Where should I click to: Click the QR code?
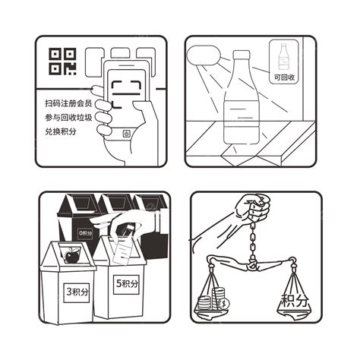(x=62, y=62)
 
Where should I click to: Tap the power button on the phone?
(x=126, y=133)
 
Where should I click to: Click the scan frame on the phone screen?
(x=126, y=94)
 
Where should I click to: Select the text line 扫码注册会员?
(x=68, y=103)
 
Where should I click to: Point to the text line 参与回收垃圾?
(x=68, y=118)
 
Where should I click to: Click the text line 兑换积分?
(x=61, y=131)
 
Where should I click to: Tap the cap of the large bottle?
(x=242, y=55)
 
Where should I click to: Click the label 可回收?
(x=284, y=77)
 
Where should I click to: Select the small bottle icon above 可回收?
(x=284, y=56)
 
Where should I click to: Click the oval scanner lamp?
(x=204, y=55)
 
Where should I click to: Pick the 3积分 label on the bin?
(x=77, y=292)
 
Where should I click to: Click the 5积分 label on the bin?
(x=126, y=284)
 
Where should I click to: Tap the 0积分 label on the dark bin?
(x=85, y=233)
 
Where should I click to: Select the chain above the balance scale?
(x=252, y=241)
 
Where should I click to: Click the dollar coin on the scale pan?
(x=224, y=303)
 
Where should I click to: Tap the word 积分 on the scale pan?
(x=295, y=301)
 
